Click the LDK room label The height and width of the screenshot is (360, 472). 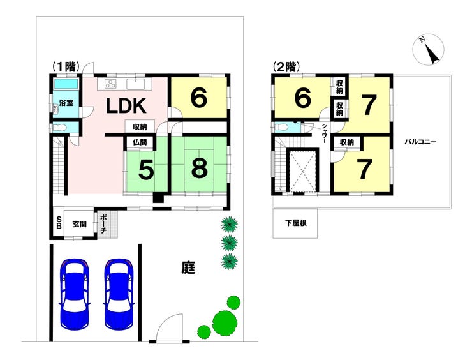[x=126, y=106]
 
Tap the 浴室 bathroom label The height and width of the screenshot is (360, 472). [x=66, y=103]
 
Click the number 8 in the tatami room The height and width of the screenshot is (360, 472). [x=199, y=168]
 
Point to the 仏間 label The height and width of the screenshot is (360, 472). [x=140, y=142]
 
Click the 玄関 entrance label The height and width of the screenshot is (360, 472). [x=80, y=224]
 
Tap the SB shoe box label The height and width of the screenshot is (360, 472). [x=59, y=223]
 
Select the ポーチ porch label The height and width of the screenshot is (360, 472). [x=103, y=224]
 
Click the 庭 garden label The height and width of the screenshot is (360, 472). [x=188, y=267]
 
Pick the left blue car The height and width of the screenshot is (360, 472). [x=75, y=293]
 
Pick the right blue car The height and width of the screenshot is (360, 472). [x=119, y=294]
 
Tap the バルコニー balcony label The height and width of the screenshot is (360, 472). [x=420, y=142]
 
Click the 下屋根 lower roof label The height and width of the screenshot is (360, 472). [x=296, y=223]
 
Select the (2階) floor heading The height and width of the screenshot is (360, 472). [x=286, y=66]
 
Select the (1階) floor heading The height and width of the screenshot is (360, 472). [x=66, y=66]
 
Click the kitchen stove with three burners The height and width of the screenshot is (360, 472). [x=110, y=84]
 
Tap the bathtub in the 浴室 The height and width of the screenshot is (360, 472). [x=66, y=84]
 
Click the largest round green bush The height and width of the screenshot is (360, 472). [x=225, y=322]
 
